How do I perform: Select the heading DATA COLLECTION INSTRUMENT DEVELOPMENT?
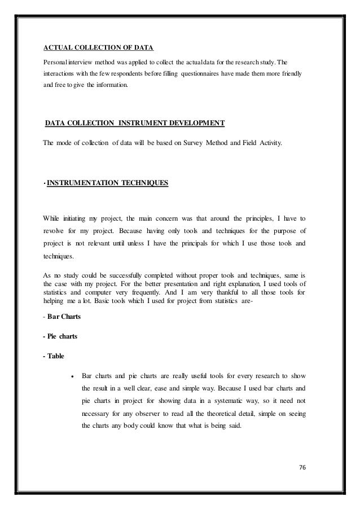tap(134, 122)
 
